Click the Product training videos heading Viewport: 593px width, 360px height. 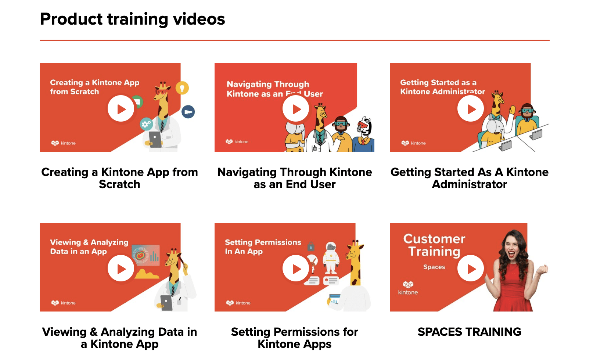132,19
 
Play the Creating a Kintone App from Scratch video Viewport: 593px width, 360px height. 121,109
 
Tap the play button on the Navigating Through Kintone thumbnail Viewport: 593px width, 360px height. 296,109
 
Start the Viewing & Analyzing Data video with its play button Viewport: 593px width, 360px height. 121,269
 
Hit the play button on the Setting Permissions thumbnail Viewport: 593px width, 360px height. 296,269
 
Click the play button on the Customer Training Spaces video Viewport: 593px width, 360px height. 471,269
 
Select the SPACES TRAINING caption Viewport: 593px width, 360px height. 469,332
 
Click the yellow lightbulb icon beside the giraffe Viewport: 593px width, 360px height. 182,88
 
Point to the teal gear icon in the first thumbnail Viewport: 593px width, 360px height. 146,124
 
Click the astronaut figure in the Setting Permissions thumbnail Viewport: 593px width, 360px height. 331,258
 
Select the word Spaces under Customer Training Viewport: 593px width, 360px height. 434,267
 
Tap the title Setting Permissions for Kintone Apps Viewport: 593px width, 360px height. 294,338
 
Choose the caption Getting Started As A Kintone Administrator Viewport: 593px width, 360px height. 469,178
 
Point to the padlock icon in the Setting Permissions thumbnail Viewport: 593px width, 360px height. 311,245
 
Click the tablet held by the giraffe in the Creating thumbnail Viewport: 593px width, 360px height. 155,140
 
